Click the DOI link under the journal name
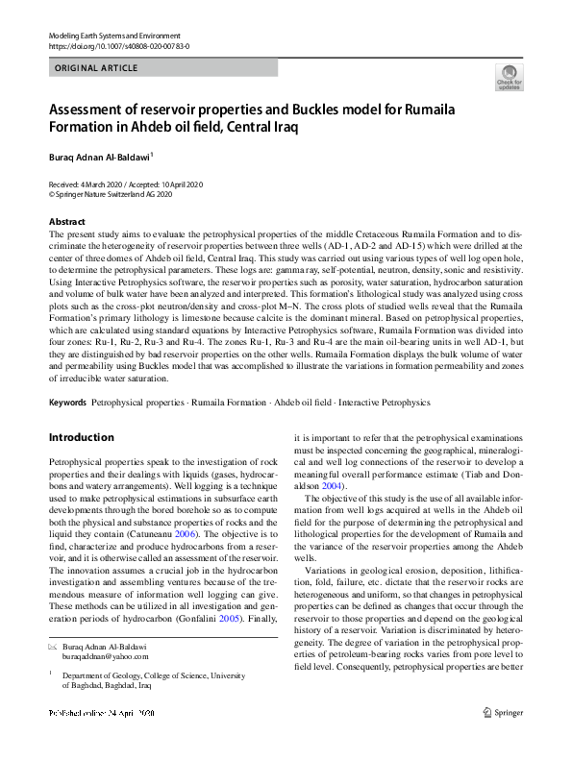(x=118, y=45)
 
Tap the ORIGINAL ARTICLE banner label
(x=97, y=68)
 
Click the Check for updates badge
(x=509, y=77)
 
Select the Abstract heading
(x=66, y=222)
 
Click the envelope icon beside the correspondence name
(x=53, y=648)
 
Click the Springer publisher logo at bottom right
(x=506, y=740)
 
